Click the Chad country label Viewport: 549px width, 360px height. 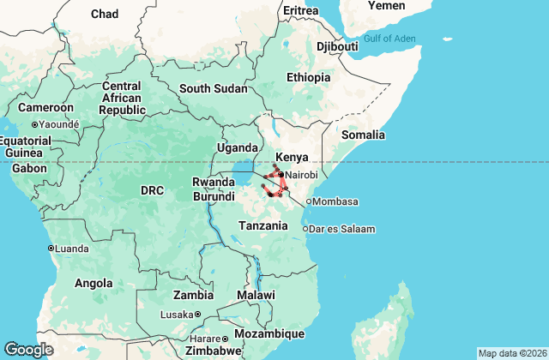tap(105, 14)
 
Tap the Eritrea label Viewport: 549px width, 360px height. tap(300, 10)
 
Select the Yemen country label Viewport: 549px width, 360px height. tap(386, 6)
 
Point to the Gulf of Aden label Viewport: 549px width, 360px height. tap(389, 38)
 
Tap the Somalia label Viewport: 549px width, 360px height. tap(363, 135)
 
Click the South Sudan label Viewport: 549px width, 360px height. tap(213, 88)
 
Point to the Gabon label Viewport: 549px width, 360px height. tap(29, 168)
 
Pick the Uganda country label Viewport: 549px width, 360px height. tap(236, 148)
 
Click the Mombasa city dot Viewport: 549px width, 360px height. tap(309, 202)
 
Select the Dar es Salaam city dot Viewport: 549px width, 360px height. tap(305, 229)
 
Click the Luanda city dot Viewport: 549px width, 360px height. tap(51, 249)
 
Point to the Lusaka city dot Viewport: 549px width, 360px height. tap(197, 315)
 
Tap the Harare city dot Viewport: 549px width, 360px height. tap(226, 338)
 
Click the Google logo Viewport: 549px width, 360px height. tap(29, 350)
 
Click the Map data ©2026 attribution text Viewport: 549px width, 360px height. tap(511, 353)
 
